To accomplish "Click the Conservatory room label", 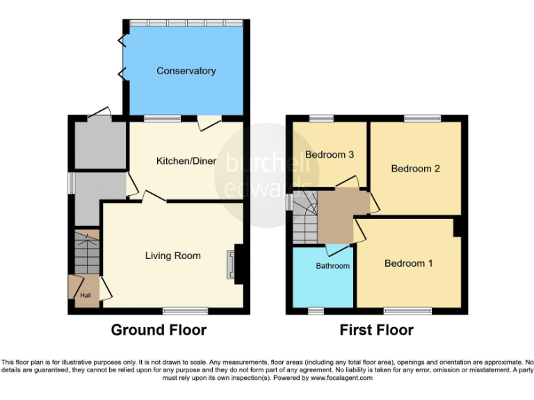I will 186,71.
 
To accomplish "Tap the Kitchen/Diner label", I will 186,161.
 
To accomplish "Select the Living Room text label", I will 172,256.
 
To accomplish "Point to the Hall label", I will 85,296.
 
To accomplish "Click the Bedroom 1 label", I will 408,263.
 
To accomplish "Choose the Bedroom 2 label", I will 415,169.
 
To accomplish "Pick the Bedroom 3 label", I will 330,154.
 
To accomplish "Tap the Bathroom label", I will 332,266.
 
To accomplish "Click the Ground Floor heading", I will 159,330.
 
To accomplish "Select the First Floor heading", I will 376,330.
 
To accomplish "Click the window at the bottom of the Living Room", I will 185,310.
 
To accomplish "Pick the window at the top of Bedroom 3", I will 321,118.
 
